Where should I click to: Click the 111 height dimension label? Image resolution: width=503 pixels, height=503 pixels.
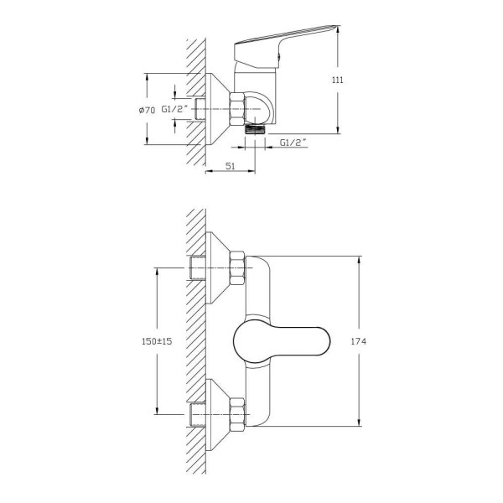338,80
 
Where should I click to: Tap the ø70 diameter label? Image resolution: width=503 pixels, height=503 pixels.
147,111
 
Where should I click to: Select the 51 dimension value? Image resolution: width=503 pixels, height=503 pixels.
231,166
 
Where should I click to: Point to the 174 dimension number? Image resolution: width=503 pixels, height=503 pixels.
358,341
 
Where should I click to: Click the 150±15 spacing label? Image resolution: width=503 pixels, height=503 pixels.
157,341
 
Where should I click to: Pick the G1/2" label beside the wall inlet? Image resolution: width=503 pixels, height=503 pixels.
174,109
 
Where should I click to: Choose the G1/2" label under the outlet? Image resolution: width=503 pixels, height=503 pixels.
293,143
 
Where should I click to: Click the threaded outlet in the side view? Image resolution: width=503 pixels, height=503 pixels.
256,129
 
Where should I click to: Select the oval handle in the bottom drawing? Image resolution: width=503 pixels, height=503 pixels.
282,341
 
